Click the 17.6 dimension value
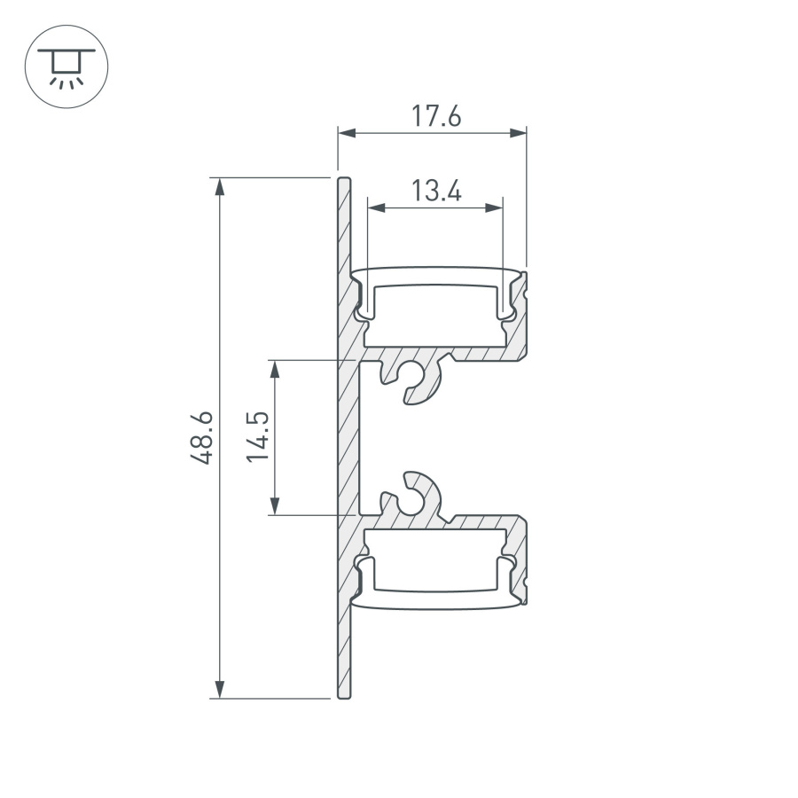435,116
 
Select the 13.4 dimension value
435,190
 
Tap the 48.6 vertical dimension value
201,437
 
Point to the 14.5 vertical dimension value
258,436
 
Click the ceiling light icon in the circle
66,66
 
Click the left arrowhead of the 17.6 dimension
347,133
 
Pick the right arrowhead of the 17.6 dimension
518,133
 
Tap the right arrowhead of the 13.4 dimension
494,207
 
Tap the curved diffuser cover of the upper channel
434,275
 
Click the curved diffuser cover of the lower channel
434,600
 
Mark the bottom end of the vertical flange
345,694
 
